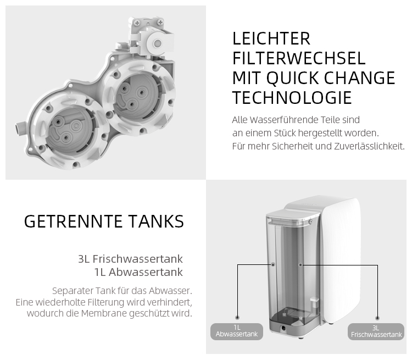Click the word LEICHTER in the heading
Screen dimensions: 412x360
coord(271,38)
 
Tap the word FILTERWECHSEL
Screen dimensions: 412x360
coord(299,58)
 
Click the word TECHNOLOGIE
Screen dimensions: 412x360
coord(292,98)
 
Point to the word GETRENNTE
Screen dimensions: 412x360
coord(73,221)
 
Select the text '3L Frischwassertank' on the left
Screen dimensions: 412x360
coord(130,259)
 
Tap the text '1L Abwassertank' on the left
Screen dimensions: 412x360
coord(138,272)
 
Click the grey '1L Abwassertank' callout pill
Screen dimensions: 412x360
coord(237,331)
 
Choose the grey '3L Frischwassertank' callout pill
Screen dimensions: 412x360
coord(376,331)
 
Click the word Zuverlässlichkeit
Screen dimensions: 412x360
coord(369,146)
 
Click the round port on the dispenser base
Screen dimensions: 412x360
coord(283,328)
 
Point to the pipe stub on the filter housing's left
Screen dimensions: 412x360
coord(19,128)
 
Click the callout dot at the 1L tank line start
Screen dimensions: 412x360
coord(273,264)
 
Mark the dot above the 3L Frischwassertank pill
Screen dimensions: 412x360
coord(377,318)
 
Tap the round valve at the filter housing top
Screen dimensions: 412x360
coord(158,43)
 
